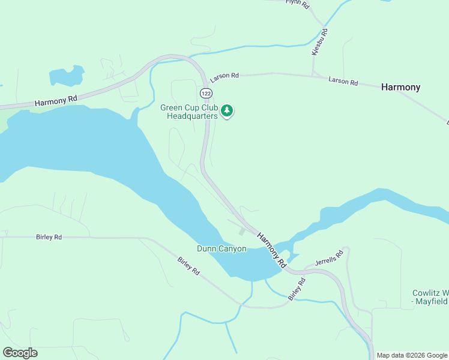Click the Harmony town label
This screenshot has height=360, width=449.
click(400, 88)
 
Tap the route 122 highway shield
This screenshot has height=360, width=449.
click(206, 93)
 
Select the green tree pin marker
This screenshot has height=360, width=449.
click(227, 111)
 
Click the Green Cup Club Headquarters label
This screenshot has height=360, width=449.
click(188, 112)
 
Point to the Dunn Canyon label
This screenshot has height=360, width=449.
click(221, 248)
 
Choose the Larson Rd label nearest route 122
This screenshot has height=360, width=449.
click(224, 76)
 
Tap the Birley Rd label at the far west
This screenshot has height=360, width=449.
click(49, 238)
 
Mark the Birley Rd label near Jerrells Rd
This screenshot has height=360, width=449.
click(297, 289)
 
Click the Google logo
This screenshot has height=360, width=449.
click(20, 353)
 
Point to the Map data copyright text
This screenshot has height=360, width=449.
click(412, 355)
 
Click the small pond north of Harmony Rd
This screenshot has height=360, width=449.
click(67, 76)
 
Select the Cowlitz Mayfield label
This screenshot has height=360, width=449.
click(430, 298)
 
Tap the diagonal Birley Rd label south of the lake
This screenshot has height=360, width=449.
click(188, 266)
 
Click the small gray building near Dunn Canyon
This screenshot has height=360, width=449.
click(242, 232)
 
